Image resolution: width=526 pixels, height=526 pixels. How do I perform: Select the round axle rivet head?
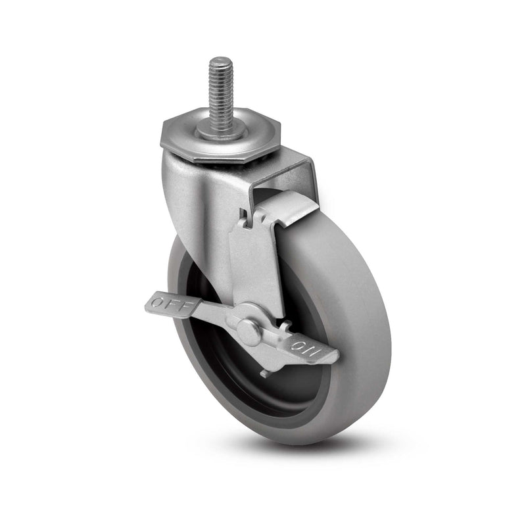(248, 330)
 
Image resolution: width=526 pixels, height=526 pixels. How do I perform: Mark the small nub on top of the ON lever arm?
(284, 325)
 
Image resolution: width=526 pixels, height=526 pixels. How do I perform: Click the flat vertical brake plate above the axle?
(256, 263)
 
